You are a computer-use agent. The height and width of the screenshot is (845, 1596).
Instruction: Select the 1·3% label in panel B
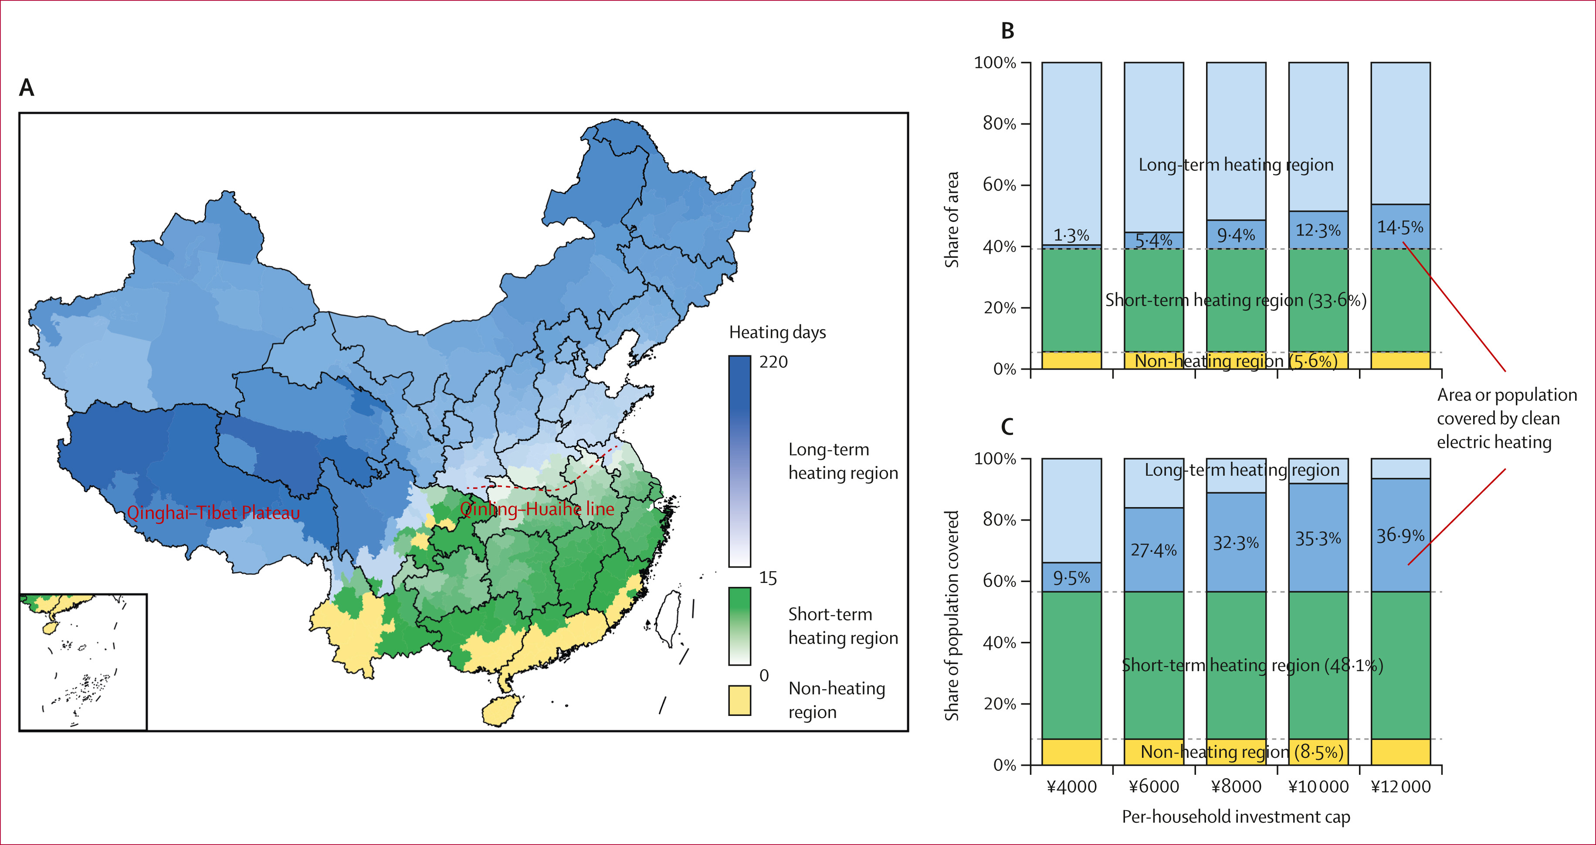1071,235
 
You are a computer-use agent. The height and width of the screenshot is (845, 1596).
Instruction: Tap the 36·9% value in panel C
1400,535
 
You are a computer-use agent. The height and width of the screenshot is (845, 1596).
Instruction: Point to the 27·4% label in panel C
1154,550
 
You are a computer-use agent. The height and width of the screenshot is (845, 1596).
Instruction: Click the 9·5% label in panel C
1071,578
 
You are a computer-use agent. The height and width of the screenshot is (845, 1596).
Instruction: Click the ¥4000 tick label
1071,787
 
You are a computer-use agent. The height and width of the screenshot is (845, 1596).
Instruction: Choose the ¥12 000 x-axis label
1400,787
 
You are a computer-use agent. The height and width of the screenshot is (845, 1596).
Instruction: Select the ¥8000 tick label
1236,787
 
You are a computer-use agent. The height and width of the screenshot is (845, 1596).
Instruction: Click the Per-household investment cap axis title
1236,817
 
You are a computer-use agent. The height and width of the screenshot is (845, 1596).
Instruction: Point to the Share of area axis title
952,219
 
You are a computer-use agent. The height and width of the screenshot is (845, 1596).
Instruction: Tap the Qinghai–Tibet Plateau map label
213,513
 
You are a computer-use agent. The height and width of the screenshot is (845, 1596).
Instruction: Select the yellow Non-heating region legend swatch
739,700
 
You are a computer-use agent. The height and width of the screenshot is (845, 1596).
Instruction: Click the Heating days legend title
777,332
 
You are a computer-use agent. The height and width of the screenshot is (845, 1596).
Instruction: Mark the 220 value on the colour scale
773,362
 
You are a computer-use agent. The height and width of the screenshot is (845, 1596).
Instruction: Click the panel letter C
1007,427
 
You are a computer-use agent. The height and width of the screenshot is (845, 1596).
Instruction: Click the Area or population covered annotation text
1506,419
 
